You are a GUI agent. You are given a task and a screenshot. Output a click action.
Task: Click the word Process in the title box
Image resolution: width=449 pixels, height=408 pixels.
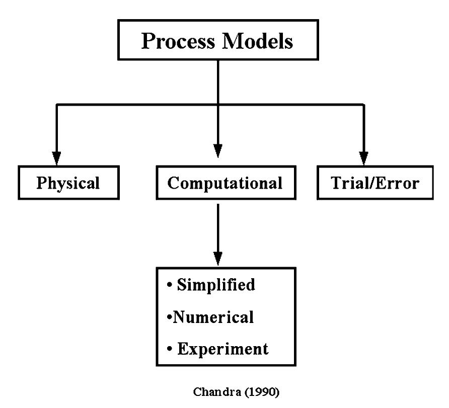point(177,41)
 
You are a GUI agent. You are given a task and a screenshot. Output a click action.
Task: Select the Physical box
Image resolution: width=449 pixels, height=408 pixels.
point(68,183)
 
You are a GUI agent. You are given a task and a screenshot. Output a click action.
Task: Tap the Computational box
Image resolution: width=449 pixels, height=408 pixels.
point(224,183)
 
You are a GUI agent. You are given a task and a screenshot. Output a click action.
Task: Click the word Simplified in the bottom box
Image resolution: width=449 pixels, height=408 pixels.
point(215,285)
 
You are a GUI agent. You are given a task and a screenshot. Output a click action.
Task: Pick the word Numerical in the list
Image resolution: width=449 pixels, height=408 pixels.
point(213,317)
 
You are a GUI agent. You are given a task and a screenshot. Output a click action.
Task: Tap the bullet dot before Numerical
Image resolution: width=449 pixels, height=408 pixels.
point(169,318)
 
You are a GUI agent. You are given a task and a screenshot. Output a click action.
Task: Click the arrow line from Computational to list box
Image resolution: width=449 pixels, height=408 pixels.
point(217,226)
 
